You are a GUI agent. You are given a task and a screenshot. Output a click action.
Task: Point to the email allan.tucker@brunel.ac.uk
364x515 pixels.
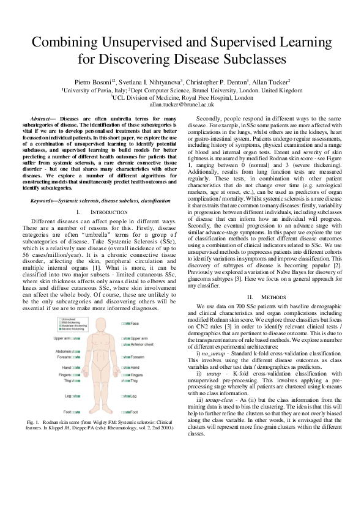[x=182, y=105]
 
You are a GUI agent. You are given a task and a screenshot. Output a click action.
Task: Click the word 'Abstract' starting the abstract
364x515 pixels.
[x=42, y=117]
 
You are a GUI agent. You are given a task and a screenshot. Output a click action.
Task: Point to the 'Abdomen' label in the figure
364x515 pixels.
[x=63, y=352]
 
